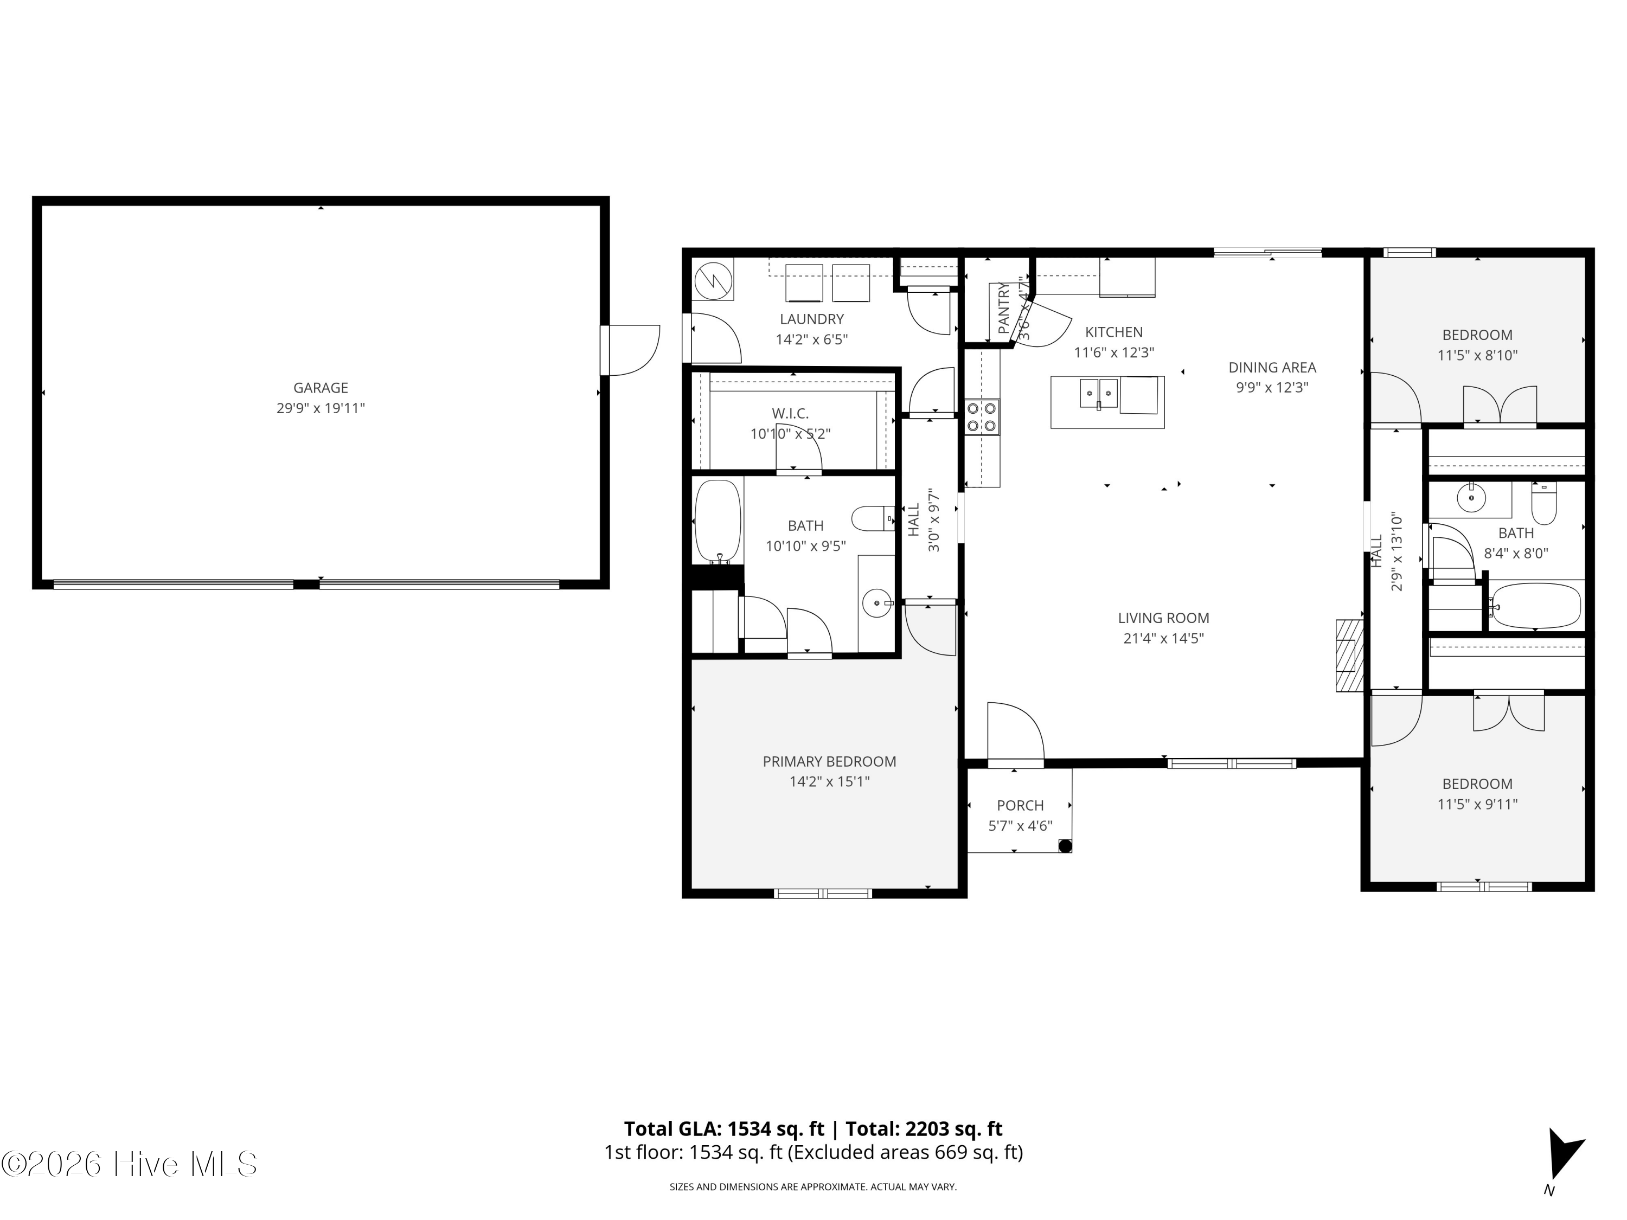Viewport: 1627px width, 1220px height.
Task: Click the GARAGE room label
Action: [321, 388]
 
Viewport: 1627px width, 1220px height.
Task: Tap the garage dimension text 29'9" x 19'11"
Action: [321, 408]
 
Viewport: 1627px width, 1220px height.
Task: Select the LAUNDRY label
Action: [811, 319]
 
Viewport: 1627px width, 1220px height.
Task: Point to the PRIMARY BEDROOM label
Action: [829, 762]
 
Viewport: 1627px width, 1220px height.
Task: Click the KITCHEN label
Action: [1113, 332]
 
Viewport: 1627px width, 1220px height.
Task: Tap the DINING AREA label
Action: [1272, 368]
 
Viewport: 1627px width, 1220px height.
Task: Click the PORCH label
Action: [1020, 805]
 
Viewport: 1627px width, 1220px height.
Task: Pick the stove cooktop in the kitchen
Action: [982, 417]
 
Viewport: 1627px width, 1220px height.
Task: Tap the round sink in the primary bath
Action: [877, 603]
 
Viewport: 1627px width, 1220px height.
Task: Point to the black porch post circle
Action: [1064, 846]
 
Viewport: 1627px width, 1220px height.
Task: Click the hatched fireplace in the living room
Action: [1350, 655]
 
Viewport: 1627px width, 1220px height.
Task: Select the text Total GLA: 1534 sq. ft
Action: [724, 1129]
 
